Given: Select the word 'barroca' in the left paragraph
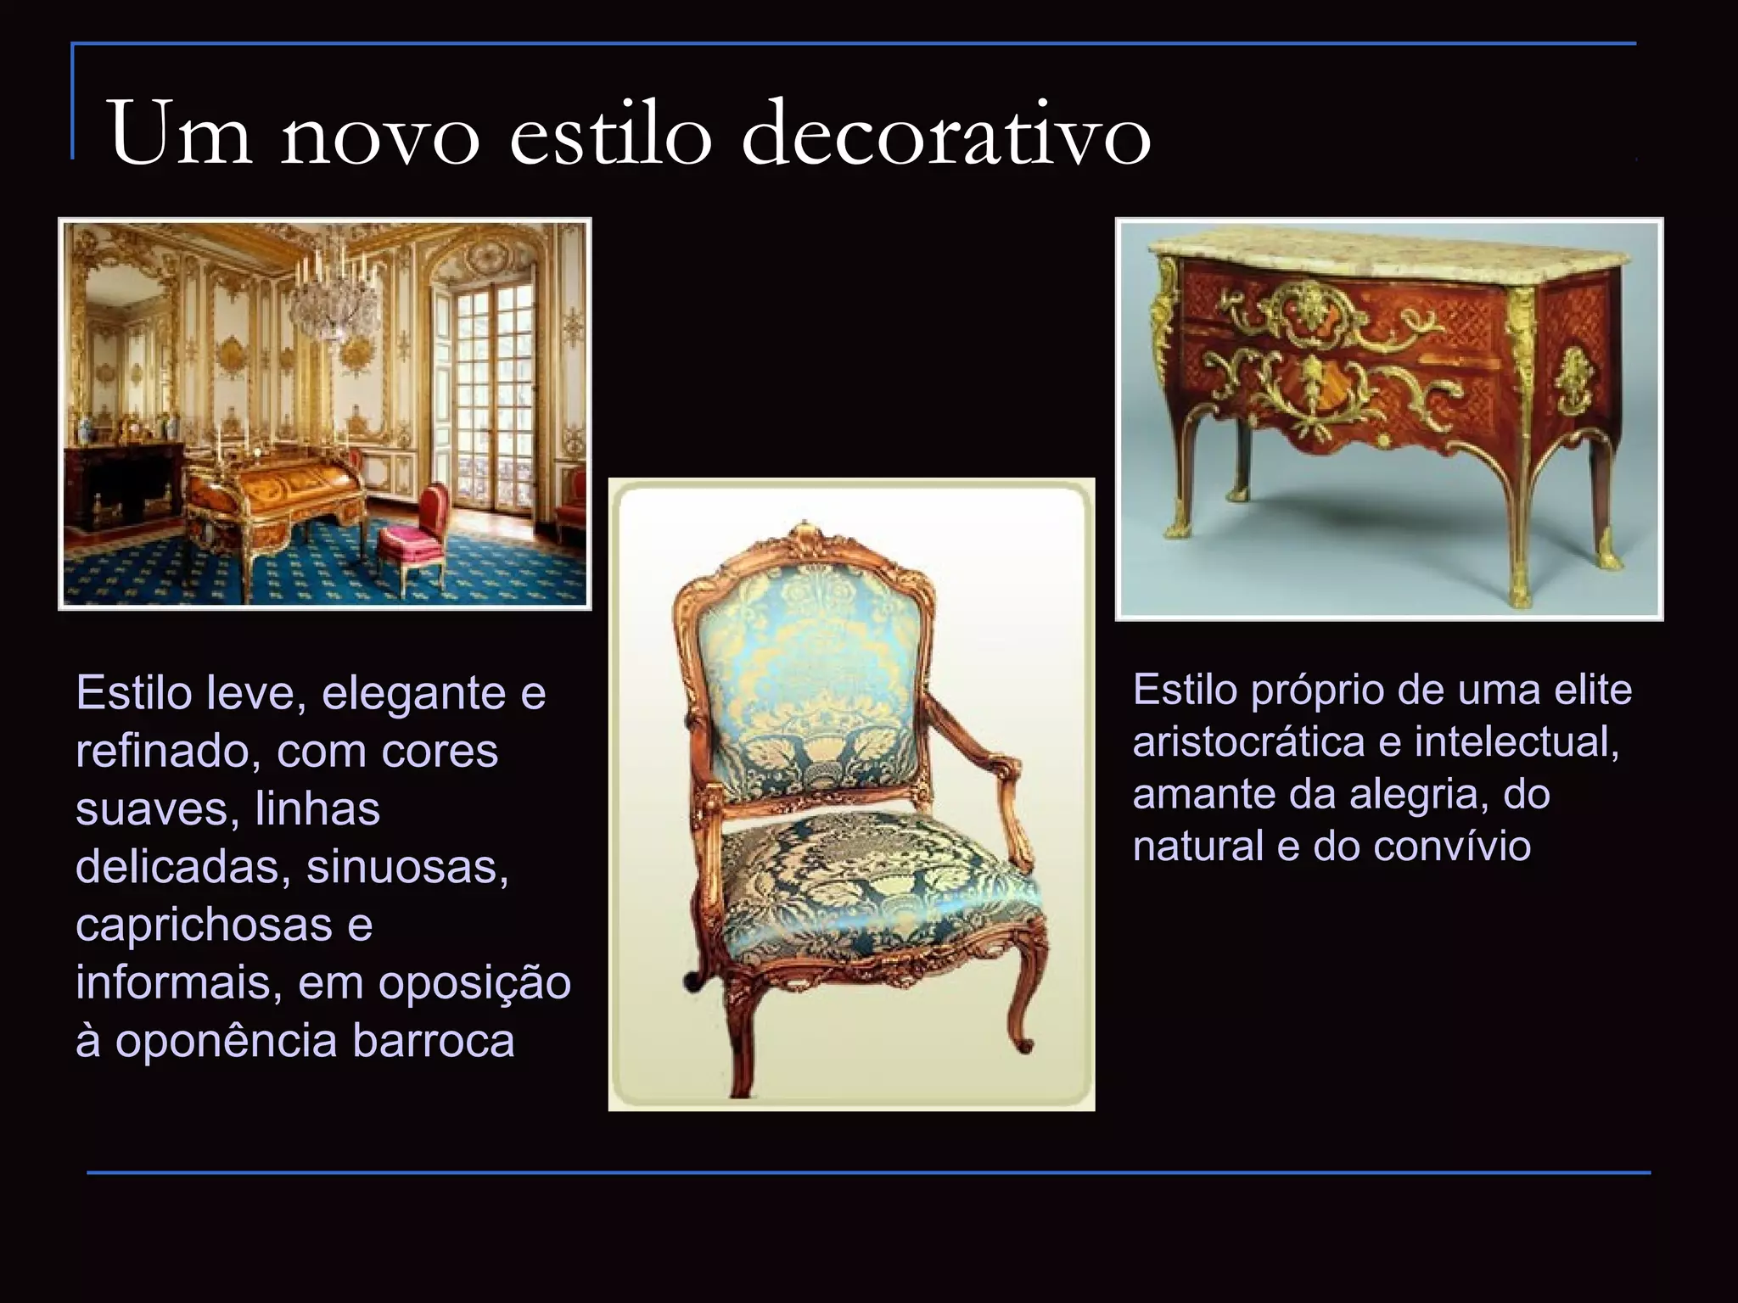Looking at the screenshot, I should [x=434, y=1041].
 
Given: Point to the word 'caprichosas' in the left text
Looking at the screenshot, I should [x=204, y=925].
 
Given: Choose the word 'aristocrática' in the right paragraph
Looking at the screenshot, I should [x=1249, y=742].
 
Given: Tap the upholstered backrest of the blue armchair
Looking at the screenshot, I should [x=806, y=679].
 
